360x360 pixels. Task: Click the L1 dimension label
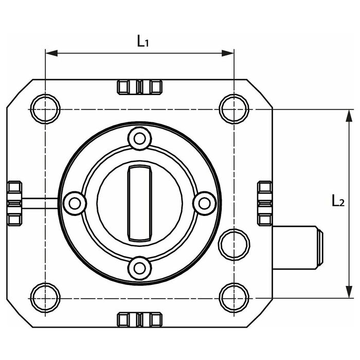point(143,41)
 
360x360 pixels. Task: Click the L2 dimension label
point(338,200)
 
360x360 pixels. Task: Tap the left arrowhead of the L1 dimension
point(51,53)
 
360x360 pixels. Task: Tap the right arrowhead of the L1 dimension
point(228,53)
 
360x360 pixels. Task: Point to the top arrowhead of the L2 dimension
point(349,116)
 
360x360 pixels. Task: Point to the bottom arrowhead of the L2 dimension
point(349,292)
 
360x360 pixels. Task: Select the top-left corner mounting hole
point(45,109)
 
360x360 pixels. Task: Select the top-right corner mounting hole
point(234,109)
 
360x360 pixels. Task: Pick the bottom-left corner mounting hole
point(45,298)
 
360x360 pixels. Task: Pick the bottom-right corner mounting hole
point(234,298)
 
